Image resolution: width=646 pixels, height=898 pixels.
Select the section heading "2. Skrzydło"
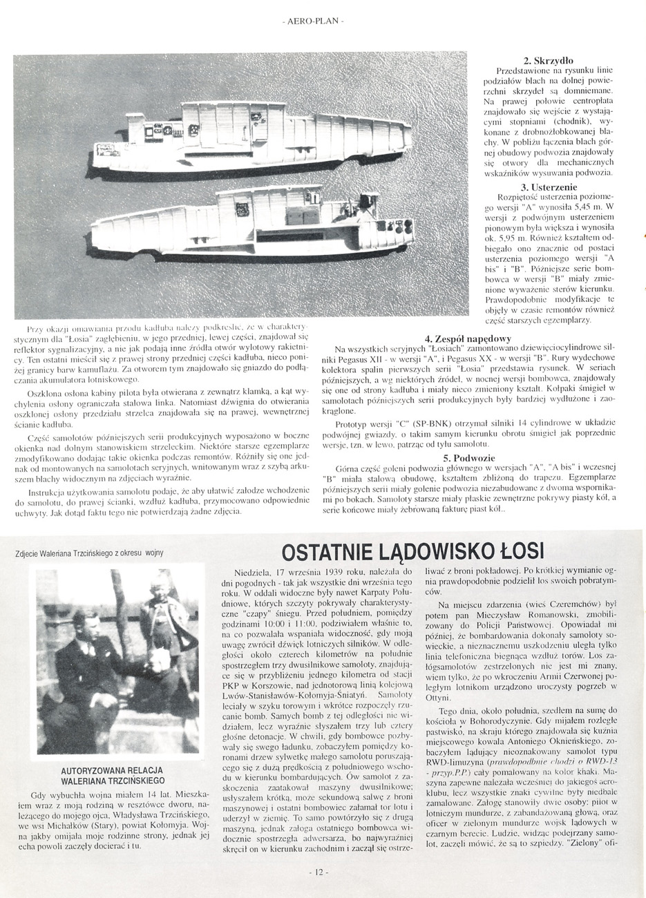(549, 61)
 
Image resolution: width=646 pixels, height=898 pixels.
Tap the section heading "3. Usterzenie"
(549, 187)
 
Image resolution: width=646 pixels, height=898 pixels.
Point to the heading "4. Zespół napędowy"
(468, 338)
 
